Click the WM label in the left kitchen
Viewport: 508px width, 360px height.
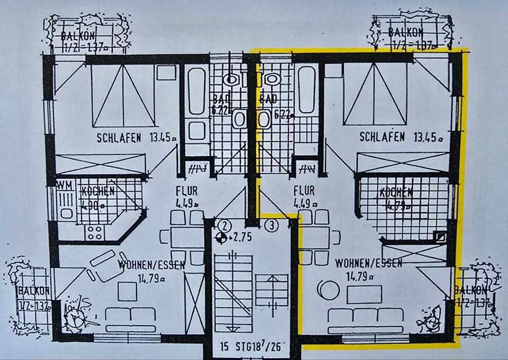click(65, 186)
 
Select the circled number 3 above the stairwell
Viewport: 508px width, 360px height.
click(272, 226)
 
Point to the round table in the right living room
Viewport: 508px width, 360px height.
click(328, 290)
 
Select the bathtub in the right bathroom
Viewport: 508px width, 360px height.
click(306, 89)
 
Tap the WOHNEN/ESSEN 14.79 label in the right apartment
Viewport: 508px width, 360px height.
click(368, 268)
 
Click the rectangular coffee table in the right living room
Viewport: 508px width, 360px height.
click(364, 294)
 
